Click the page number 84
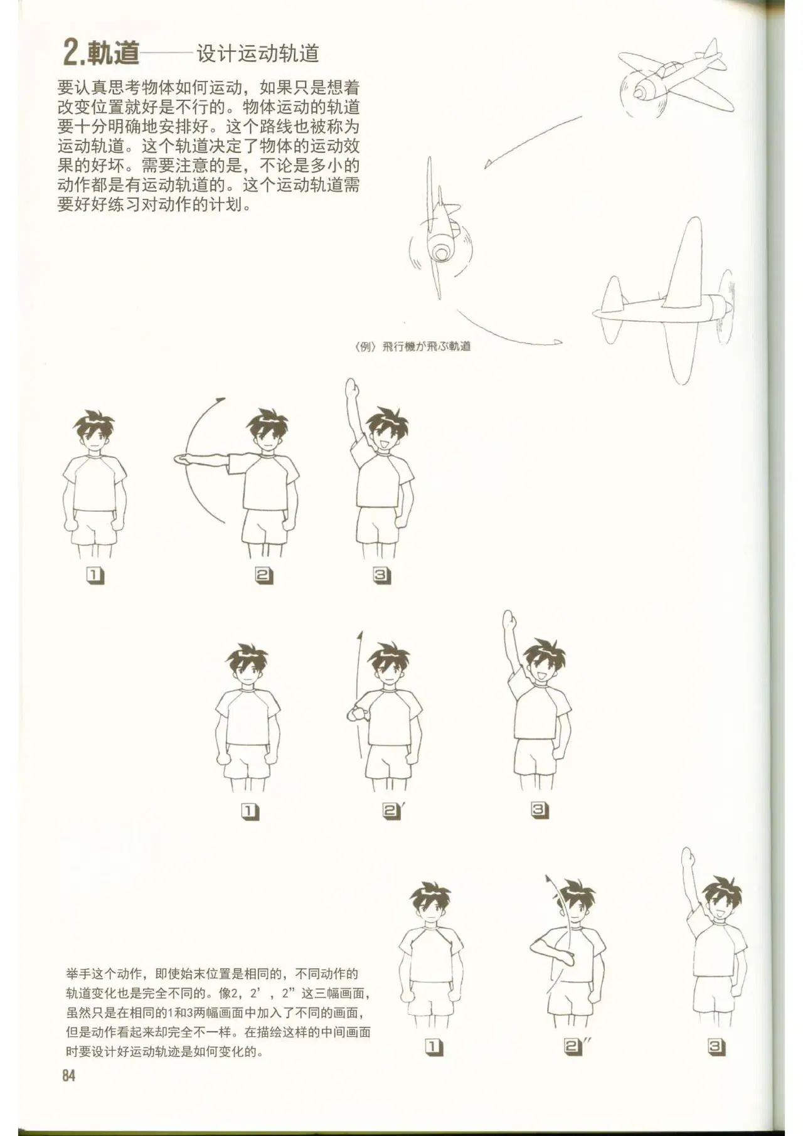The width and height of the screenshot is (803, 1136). pos(68,1075)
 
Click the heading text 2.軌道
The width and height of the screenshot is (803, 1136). pos(101,52)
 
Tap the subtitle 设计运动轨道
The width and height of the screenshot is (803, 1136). pos(258,53)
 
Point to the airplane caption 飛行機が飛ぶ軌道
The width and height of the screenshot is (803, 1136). pos(426,346)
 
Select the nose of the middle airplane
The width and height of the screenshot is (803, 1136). pos(440,252)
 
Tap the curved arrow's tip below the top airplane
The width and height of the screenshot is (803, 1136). pos(486,165)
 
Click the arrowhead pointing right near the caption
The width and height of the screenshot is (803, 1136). pos(558,342)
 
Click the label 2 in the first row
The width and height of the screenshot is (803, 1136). pos(263,575)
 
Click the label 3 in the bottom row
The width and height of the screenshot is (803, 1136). pos(716,1046)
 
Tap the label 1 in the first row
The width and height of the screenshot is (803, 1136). pos(95,575)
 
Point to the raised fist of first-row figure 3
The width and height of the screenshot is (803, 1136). pos(353,387)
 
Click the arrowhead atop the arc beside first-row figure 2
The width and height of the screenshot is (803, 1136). pos(220,399)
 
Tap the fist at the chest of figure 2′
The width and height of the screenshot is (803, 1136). pos(357,713)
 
